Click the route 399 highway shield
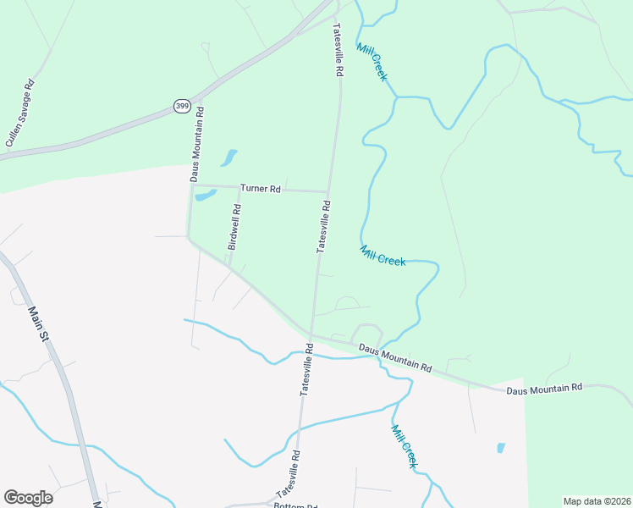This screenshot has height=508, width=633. [182, 105]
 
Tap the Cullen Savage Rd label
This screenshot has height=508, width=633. [19, 114]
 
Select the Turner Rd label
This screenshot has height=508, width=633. [260, 189]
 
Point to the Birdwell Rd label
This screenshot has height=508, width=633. [235, 227]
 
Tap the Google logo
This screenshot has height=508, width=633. [28, 497]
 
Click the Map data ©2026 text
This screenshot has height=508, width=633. [597, 501]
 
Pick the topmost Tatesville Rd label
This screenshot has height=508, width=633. [337, 51]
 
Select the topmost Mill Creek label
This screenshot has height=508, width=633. [372, 62]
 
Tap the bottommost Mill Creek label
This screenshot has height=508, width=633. [405, 446]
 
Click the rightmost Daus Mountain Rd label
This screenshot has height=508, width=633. [544, 388]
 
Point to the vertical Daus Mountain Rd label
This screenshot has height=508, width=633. [195, 144]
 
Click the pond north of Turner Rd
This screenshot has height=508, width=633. [228, 157]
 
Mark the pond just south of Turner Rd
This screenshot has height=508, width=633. [206, 196]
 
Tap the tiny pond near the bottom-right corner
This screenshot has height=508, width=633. [501, 447]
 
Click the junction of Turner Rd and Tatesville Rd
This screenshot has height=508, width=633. [328, 191]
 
